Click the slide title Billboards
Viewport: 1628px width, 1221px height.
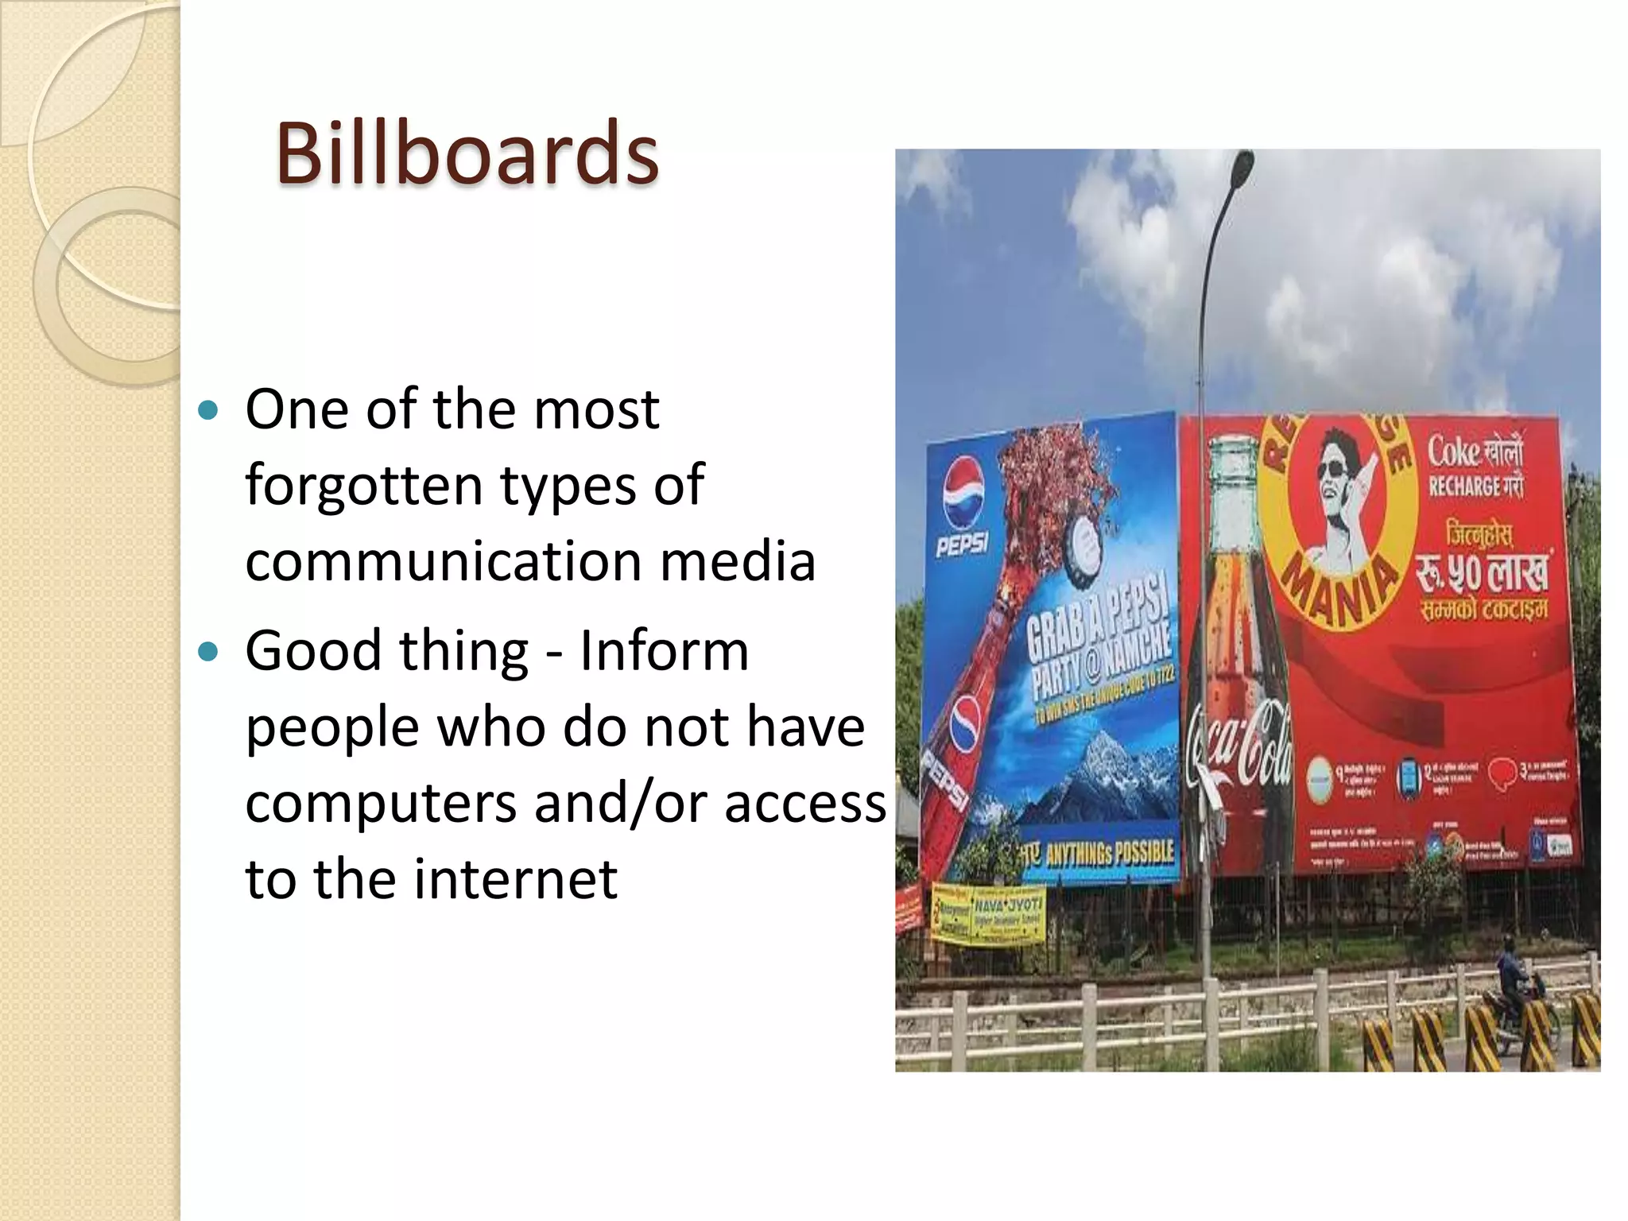(467, 153)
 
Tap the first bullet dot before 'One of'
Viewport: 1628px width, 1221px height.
(208, 411)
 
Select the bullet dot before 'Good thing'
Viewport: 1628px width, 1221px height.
(208, 652)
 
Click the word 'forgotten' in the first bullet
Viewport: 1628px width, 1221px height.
(363, 485)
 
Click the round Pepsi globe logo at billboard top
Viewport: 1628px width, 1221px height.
(963, 494)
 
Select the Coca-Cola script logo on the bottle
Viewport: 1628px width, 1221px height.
(1240, 743)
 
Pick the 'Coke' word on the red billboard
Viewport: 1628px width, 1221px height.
(1453, 453)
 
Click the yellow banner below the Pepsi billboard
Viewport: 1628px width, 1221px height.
(988, 914)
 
